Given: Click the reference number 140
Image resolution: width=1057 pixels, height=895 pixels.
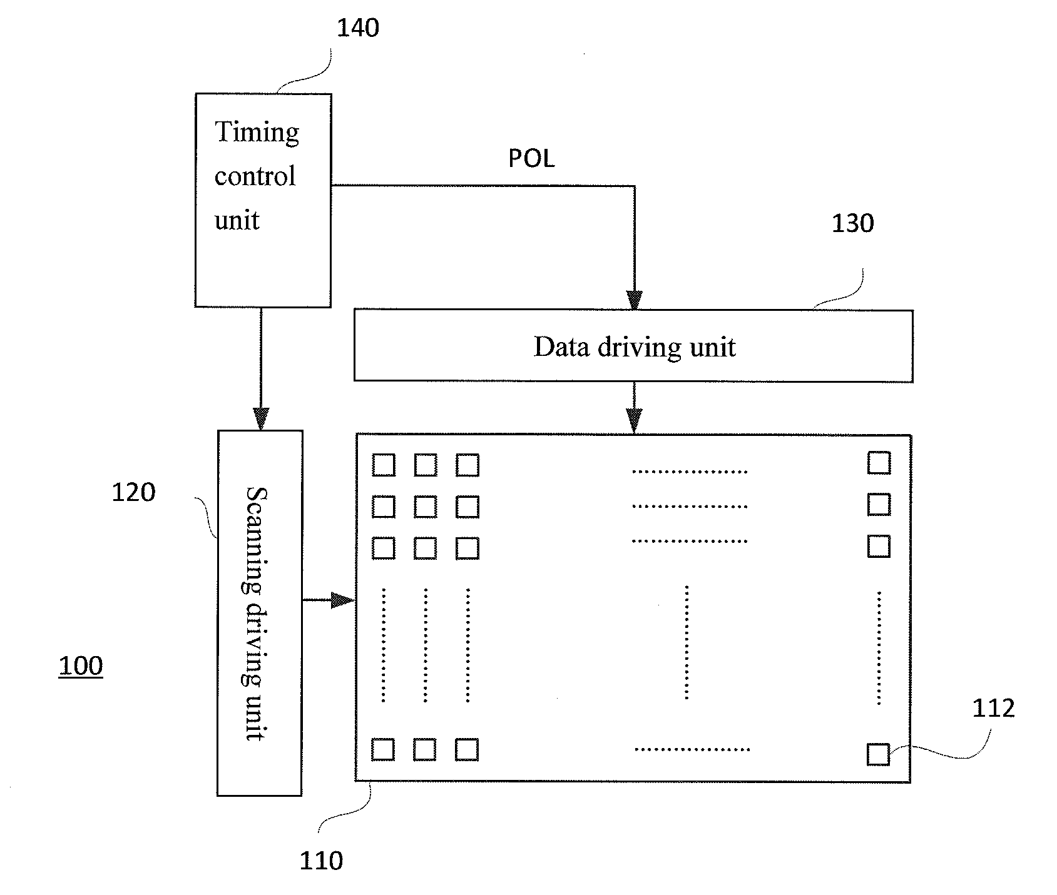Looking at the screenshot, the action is [x=358, y=28].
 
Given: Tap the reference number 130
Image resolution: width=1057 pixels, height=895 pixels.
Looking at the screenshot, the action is [x=852, y=223].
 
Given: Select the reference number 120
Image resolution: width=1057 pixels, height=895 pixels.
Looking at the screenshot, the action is [x=133, y=492].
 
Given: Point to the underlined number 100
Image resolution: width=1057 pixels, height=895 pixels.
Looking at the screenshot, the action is [x=81, y=665].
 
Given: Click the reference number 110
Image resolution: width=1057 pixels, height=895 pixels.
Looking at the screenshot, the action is [x=321, y=861].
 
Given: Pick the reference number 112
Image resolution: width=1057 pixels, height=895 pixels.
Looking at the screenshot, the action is [x=993, y=708].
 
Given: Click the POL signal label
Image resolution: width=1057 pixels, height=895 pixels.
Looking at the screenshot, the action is [x=531, y=158].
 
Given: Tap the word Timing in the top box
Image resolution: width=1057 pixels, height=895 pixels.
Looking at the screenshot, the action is [x=257, y=133].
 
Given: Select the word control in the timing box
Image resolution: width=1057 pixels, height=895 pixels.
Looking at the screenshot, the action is [x=255, y=176].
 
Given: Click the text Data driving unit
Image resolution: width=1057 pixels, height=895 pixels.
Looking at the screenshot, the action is [x=635, y=346].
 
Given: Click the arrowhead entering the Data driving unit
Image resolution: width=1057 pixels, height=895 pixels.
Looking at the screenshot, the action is [x=635, y=301].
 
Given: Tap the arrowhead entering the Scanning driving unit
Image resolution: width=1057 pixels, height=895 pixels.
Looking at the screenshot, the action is [x=261, y=419].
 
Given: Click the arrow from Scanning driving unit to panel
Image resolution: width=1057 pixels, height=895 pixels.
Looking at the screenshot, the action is [x=329, y=600].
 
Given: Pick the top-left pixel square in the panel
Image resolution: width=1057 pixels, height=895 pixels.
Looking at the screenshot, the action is [x=384, y=465].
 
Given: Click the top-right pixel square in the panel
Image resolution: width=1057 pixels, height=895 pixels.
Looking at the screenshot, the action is [x=879, y=463].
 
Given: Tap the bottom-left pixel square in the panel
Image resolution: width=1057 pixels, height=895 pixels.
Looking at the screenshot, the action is [x=383, y=749].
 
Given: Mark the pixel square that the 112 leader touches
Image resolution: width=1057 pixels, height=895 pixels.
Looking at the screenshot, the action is [x=878, y=754].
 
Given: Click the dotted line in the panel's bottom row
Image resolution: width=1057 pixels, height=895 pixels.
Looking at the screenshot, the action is [x=692, y=749].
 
